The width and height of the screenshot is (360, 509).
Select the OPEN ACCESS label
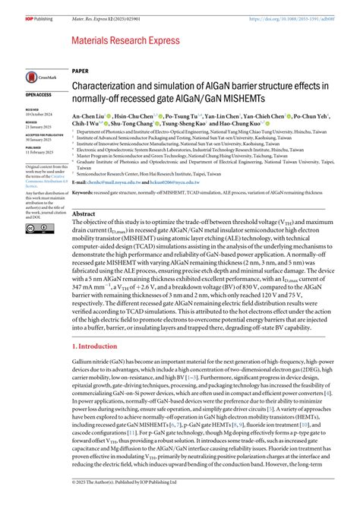(x=39, y=95)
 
